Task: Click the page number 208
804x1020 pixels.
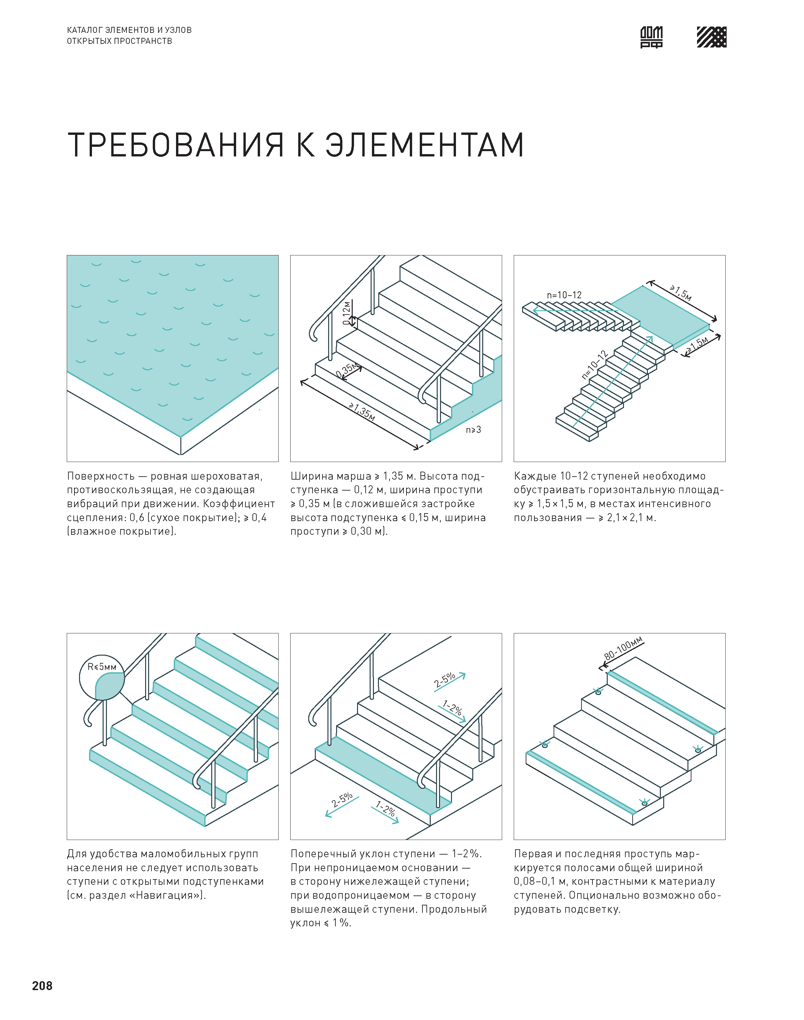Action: point(43,986)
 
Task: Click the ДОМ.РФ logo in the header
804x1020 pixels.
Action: point(652,37)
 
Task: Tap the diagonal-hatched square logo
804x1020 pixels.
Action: point(711,37)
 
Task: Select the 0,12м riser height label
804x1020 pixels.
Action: point(347,313)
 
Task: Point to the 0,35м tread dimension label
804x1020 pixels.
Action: point(347,370)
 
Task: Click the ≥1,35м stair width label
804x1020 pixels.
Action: point(362,412)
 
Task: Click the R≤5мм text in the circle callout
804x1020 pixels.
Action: point(102,667)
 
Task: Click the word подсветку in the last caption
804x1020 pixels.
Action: point(593,909)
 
